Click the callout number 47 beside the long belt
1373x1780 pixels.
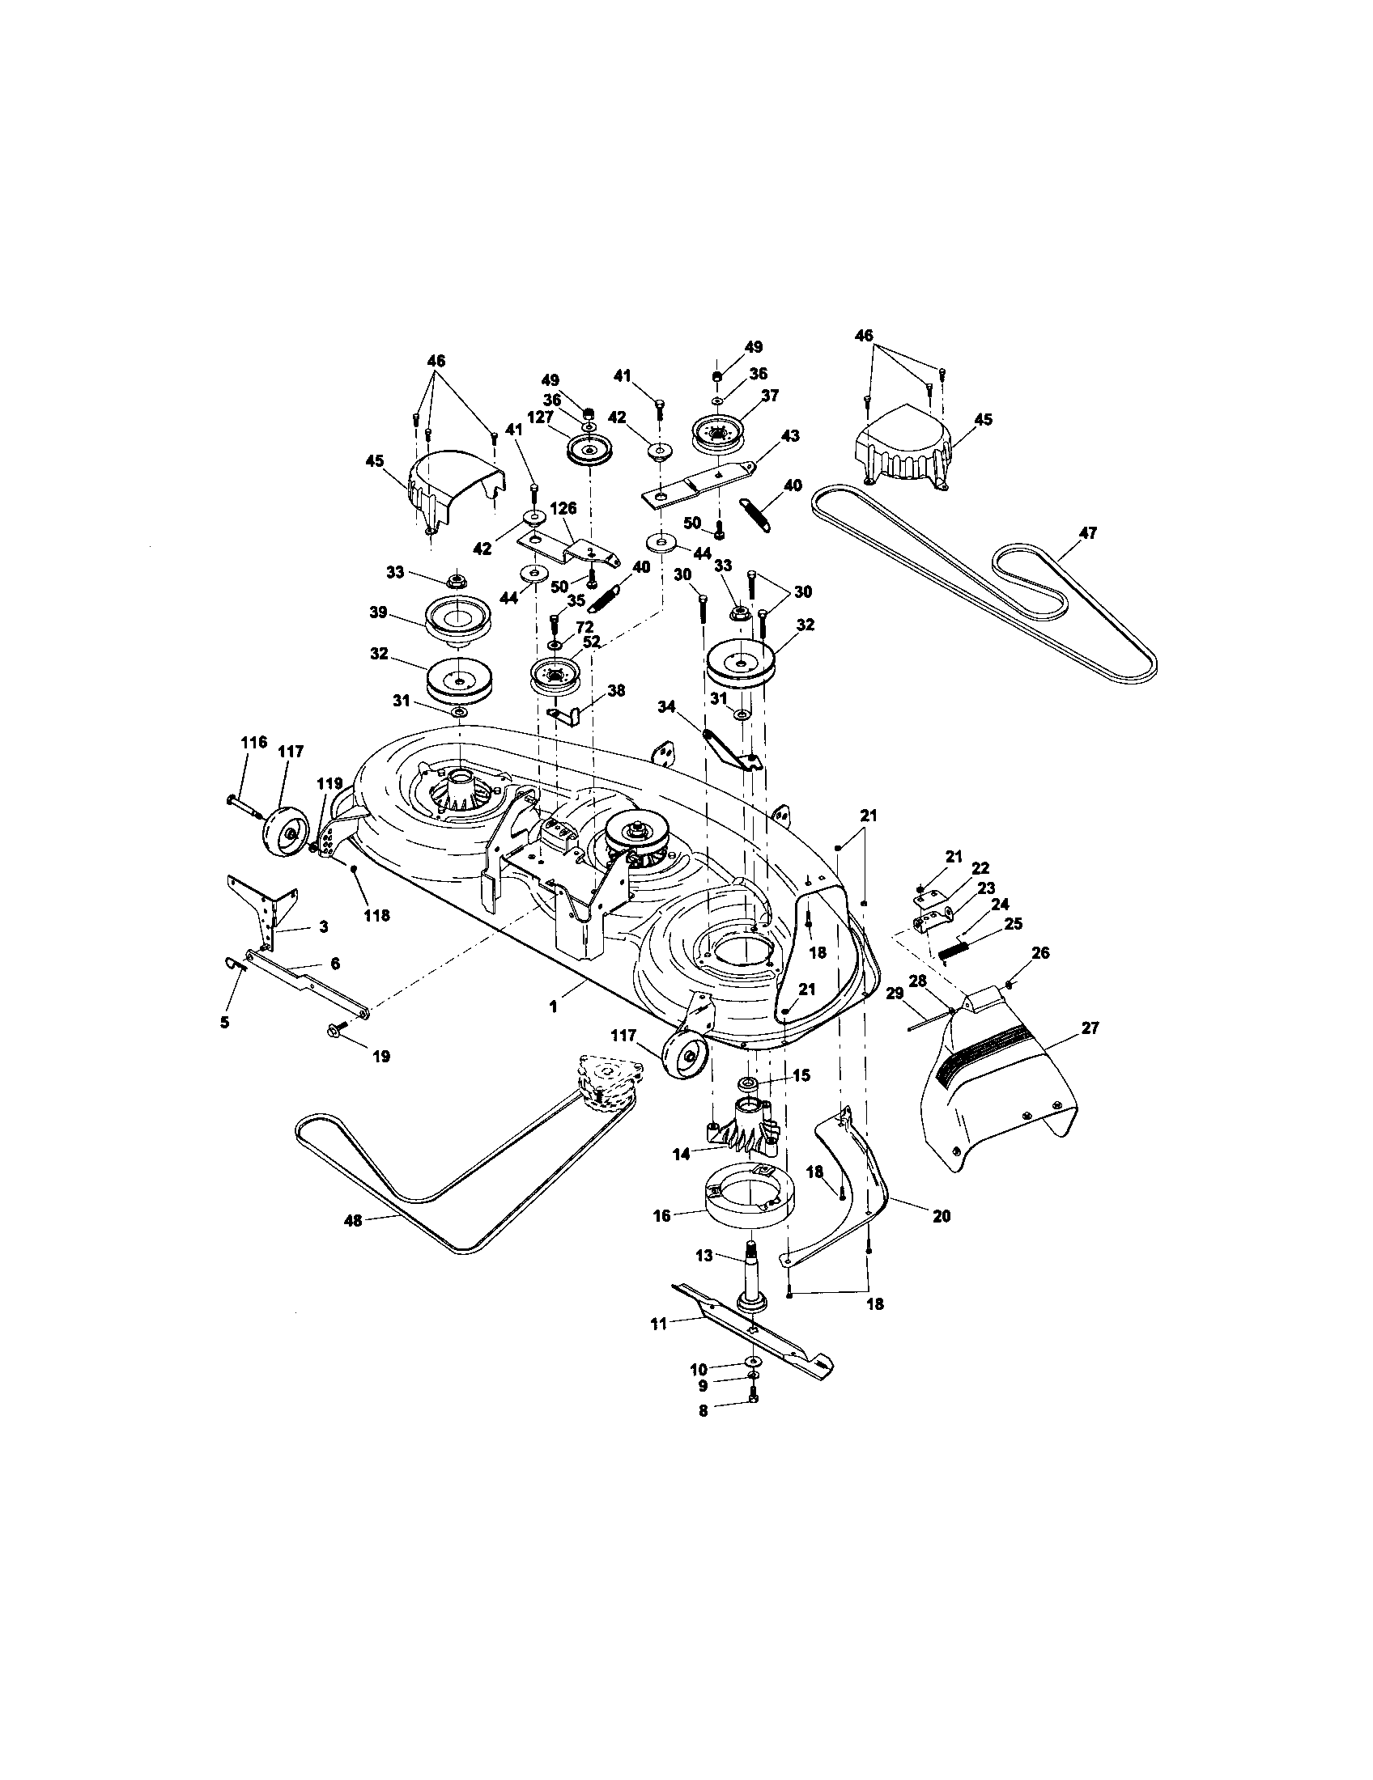(1088, 534)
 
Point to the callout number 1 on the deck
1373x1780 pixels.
(554, 1007)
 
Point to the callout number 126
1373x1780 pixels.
(563, 509)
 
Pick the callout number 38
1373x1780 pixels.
(616, 690)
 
